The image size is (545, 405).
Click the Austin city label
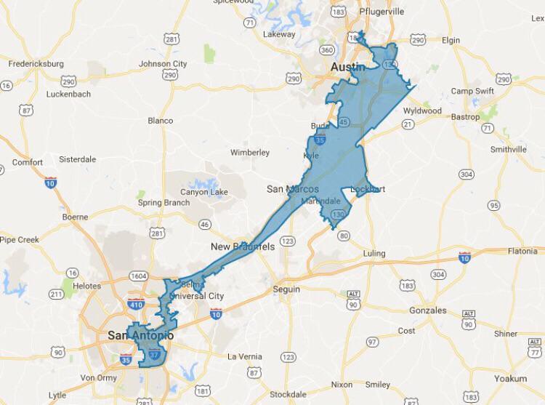click(x=346, y=67)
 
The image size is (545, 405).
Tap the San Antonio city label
click(x=140, y=335)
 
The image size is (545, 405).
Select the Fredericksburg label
click(x=36, y=64)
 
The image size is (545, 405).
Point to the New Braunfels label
click(x=243, y=246)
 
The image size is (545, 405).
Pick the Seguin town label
click(x=286, y=289)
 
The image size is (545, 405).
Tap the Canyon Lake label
click(x=203, y=192)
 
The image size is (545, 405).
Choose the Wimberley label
click(x=250, y=153)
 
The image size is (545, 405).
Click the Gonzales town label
click(x=427, y=310)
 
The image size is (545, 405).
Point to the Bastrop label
click(x=465, y=117)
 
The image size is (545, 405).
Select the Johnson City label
click(x=163, y=64)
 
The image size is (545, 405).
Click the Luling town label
click(x=374, y=254)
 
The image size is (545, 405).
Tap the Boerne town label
click(x=76, y=217)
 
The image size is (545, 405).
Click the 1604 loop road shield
click(x=139, y=276)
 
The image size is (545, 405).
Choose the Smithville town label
click(x=508, y=149)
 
